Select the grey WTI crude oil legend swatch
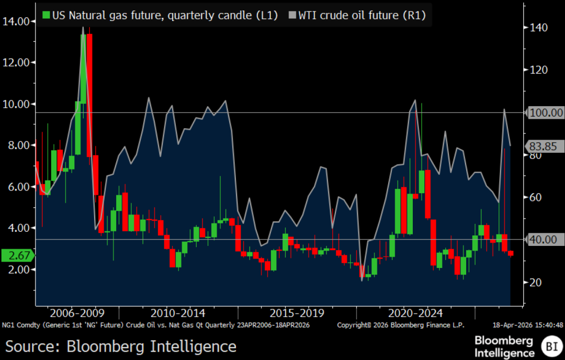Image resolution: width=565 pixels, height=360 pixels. click(292, 15)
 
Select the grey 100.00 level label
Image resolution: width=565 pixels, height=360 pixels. click(546, 113)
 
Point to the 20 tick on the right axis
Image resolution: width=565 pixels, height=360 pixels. click(535, 283)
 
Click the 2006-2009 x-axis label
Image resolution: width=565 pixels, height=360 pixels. click(77, 313)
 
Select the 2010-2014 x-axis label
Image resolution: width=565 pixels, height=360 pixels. click(178, 313)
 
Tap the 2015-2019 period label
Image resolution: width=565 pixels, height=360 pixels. click(297, 313)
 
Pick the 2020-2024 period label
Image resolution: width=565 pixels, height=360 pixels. click(416, 313)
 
